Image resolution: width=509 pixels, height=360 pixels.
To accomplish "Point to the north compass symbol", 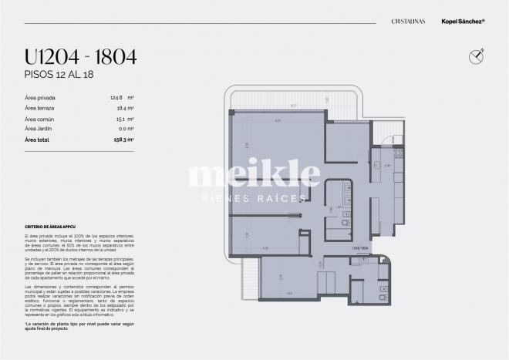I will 476,54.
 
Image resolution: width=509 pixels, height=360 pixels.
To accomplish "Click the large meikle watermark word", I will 254,175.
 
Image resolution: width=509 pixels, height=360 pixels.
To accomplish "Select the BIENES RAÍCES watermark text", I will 254,198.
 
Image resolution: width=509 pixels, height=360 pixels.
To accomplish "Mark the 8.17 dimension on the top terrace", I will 293,105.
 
